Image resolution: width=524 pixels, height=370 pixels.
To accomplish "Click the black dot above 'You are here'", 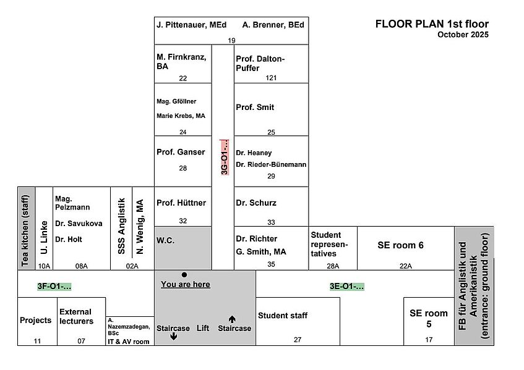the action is coord(184,275).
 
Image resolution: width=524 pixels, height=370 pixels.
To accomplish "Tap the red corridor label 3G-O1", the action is coord(225,157).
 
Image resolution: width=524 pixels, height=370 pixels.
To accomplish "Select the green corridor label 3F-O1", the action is coord(54,286).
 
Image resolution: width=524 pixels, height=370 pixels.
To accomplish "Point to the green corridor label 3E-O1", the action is coord(347,286).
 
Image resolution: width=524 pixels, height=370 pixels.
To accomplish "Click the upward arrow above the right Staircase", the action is coord(232,319).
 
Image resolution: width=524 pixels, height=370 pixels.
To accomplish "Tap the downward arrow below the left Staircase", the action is coord(173,336).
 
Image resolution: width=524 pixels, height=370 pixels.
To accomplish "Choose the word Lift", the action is coord(203,328).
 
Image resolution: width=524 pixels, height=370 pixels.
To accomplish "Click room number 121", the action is coord(271,78).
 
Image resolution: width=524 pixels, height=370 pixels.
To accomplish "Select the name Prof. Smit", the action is coord(255,107).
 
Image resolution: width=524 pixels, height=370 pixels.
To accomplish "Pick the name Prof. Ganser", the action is coord(181,152).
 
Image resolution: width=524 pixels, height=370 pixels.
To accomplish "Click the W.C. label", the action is coord(165,240).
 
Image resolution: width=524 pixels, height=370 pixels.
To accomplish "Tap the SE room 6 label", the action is coord(400,245).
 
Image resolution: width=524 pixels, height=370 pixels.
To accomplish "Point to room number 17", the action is coord(429,340).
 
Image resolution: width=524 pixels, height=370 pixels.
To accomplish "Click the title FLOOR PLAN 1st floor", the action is coord(432,24).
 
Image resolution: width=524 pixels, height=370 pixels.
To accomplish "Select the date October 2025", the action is coord(463,35).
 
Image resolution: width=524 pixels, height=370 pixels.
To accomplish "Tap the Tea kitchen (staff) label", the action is coord(25,230).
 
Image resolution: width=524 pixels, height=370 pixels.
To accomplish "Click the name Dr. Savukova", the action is coord(79,224).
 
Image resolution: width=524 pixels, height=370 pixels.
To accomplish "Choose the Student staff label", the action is coord(283,315).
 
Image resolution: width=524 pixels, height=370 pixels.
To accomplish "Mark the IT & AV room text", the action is coord(128,342).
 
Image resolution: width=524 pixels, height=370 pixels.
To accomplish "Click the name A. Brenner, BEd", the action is coord(273,25).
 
